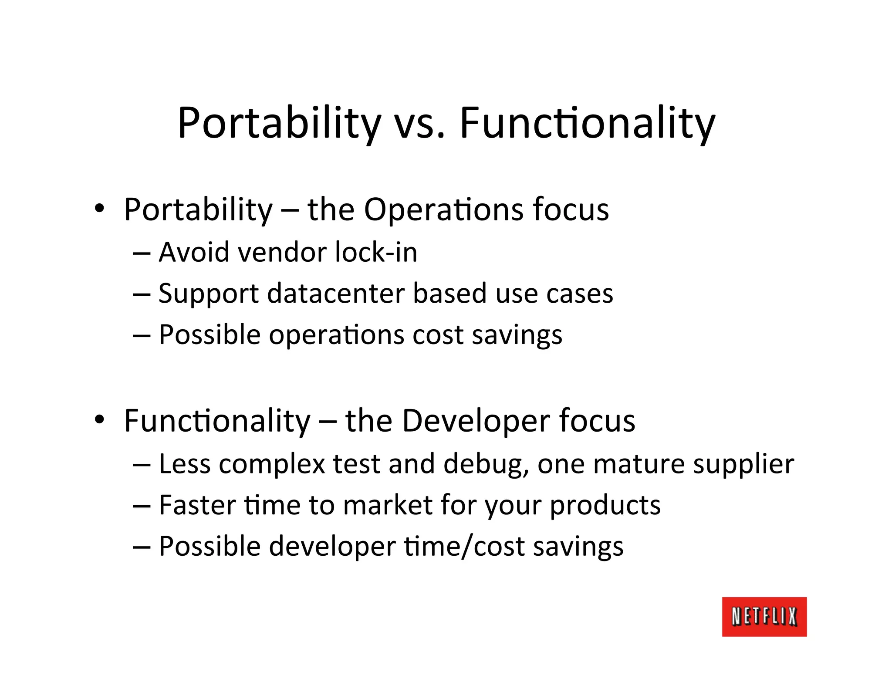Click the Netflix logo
tap(764, 617)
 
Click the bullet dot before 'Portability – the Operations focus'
tap(100, 209)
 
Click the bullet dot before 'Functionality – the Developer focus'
tap(100, 419)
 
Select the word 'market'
tap(387, 505)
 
